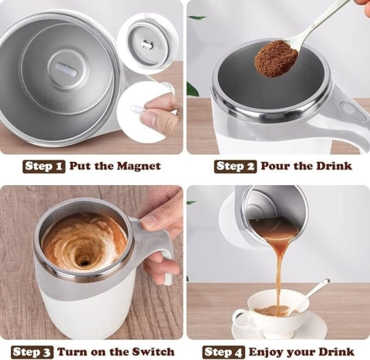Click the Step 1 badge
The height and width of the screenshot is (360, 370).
click(x=45, y=166)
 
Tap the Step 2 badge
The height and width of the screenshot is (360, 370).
click(x=235, y=166)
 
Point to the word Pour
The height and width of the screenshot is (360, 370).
click(x=276, y=166)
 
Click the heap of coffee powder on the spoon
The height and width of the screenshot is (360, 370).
click(x=276, y=59)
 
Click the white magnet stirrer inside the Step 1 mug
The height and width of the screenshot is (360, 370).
click(x=66, y=70)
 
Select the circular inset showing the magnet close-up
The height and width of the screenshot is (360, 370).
click(x=146, y=42)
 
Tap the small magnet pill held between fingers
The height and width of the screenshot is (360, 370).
click(x=139, y=110)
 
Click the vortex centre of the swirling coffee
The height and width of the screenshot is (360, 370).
click(x=82, y=260)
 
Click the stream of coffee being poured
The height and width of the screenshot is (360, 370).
click(x=278, y=270)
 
